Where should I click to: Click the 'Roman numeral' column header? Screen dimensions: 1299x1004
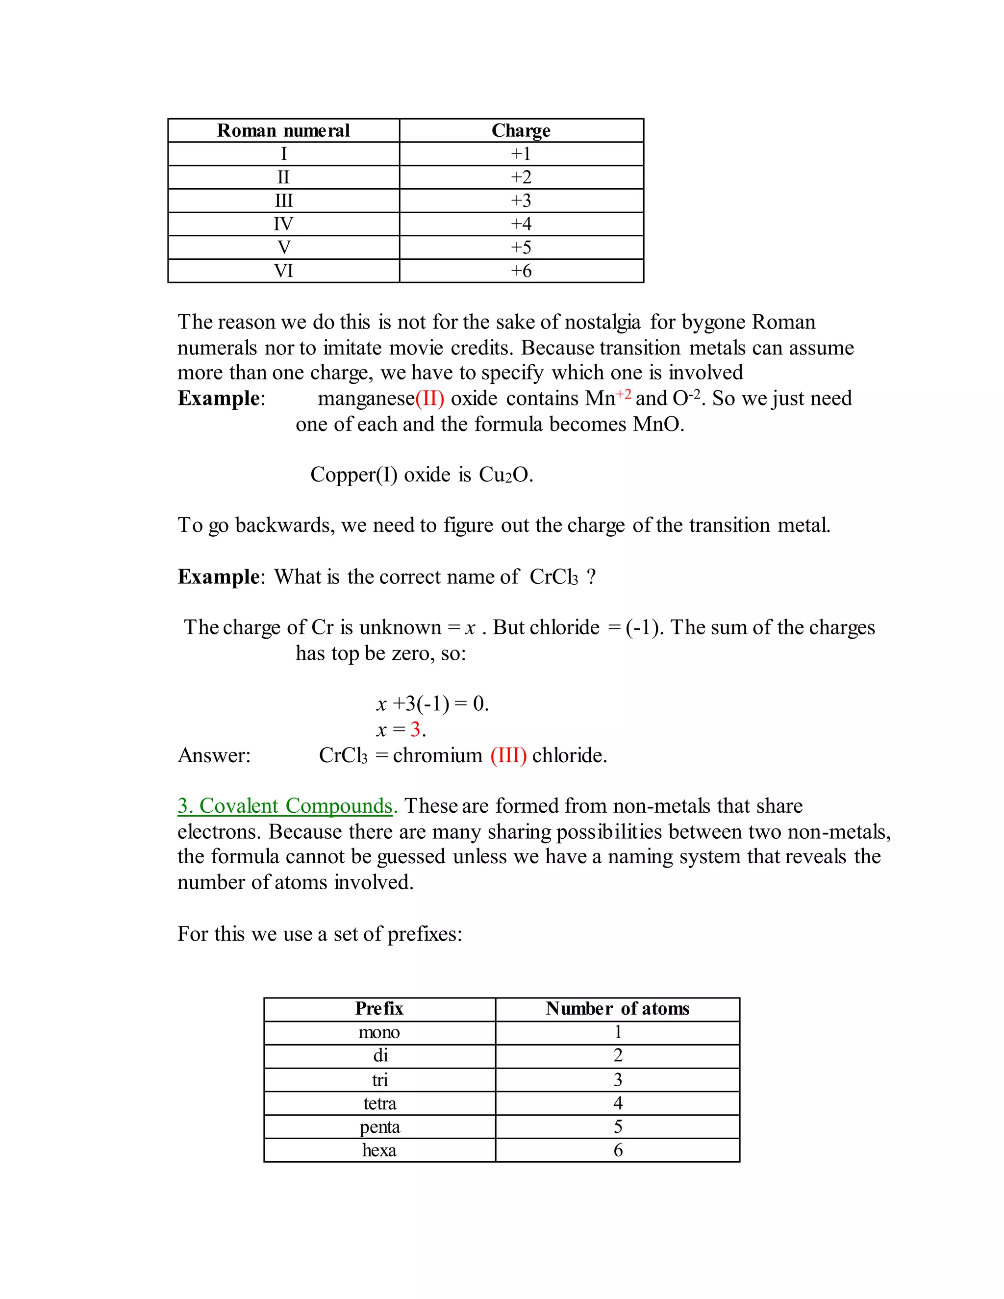click(283, 130)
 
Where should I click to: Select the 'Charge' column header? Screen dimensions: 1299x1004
click(521, 130)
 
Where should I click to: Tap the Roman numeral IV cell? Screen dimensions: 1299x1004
click(283, 224)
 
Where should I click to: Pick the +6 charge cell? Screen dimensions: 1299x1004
click(521, 271)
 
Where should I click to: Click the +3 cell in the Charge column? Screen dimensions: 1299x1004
click(521, 201)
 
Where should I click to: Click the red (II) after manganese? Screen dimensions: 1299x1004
click(429, 398)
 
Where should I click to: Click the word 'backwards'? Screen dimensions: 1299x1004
click(285, 525)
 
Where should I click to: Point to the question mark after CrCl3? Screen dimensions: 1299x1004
click(591, 576)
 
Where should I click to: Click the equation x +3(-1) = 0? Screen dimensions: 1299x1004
click(432, 703)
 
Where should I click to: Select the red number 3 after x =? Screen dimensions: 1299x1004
click(415, 729)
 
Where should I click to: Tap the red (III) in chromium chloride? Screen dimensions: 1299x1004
click(508, 755)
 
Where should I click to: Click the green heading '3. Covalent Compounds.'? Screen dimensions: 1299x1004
click(287, 805)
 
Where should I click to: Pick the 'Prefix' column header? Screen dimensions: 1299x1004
click(379, 1009)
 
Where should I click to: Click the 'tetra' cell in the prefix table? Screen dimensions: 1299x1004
click(379, 1103)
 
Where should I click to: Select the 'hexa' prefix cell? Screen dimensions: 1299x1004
click(379, 1150)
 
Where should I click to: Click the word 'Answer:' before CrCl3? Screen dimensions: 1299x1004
click(214, 755)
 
